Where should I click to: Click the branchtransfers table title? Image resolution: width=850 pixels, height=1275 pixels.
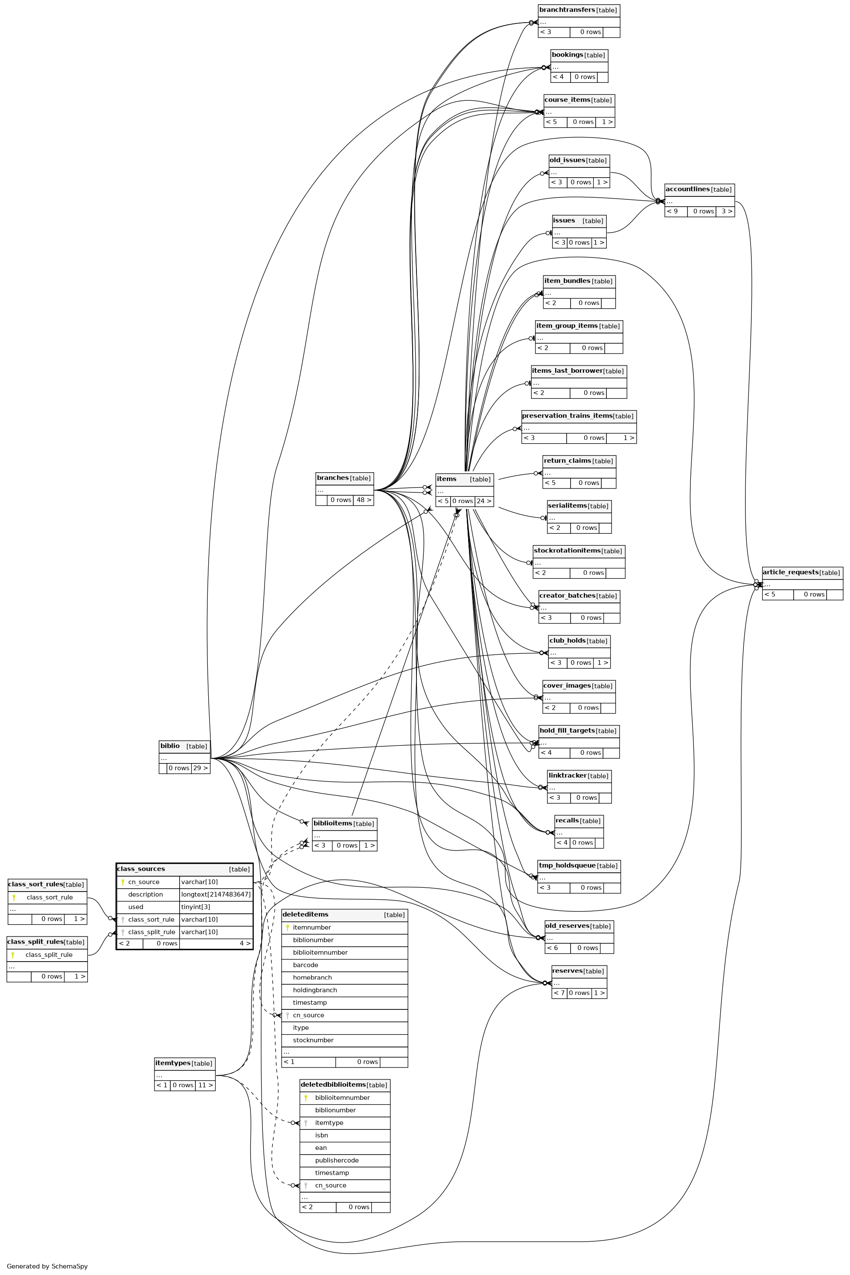(567, 10)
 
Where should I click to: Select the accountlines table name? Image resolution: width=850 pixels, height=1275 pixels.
(687, 189)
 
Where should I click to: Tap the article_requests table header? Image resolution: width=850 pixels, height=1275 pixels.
(790, 572)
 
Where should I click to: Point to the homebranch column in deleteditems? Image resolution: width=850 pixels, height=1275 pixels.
(312, 977)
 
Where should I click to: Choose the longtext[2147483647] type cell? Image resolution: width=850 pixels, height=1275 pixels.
(216, 894)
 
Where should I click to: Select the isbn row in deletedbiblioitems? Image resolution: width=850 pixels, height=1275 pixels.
(321, 1135)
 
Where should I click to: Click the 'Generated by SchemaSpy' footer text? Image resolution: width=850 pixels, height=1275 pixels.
(47, 1266)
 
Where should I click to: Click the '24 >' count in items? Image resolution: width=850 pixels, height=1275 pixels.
(484, 501)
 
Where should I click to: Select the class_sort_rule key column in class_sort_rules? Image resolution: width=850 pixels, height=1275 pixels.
(49, 897)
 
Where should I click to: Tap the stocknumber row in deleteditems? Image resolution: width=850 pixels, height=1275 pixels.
(313, 1040)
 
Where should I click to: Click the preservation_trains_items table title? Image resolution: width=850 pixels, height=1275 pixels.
(567, 416)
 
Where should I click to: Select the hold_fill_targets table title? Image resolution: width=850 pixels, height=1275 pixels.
(567, 731)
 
